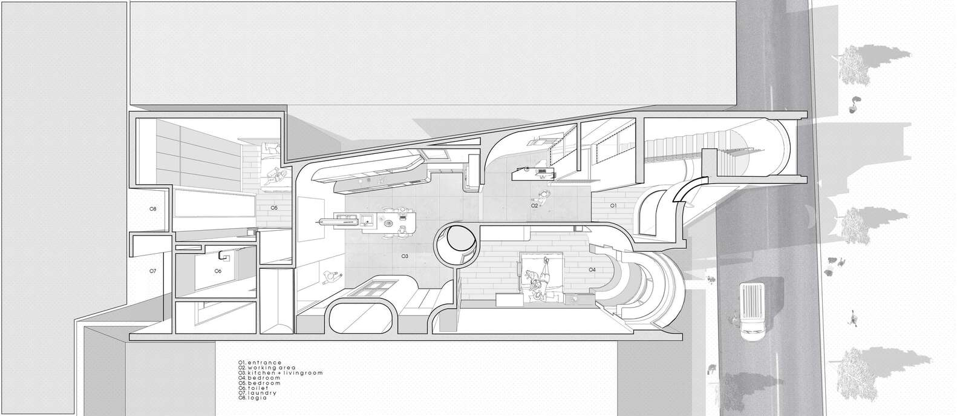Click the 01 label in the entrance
point(612,206)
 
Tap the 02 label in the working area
point(535,206)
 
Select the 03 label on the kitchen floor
point(405,256)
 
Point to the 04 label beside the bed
point(592,269)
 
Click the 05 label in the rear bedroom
point(274,208)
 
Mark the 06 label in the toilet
point(218,271)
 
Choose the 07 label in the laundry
point(152,271)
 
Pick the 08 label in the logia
point(152,209)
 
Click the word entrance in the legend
point(264,363)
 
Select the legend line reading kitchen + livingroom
point(280,373)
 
